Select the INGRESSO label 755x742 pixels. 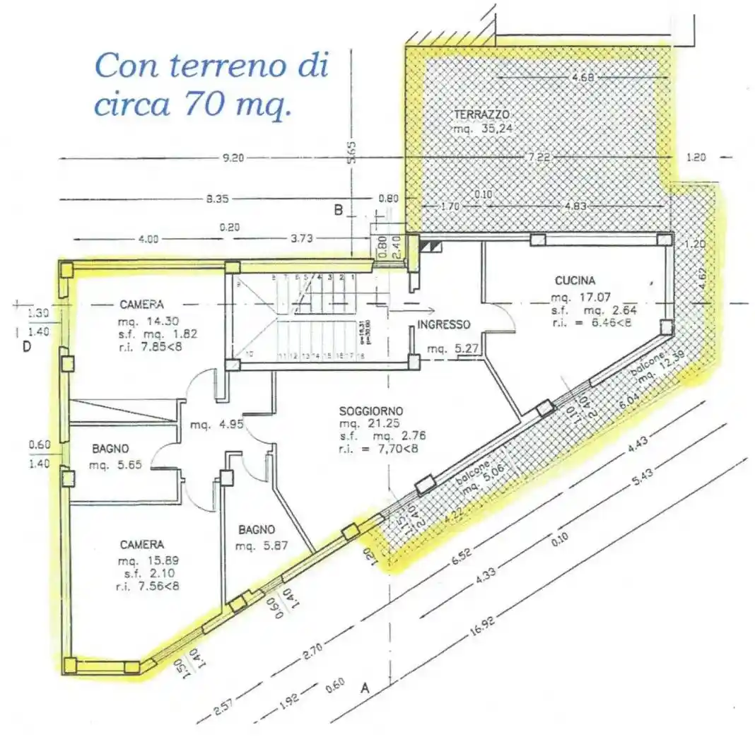[443, 325]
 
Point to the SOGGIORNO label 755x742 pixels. [371, 411]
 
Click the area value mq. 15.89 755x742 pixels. [141, 561]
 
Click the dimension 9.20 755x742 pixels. [233, 158]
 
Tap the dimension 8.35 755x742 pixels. [216, 199]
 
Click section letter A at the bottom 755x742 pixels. [365, 686]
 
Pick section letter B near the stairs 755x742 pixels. [338, 210]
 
